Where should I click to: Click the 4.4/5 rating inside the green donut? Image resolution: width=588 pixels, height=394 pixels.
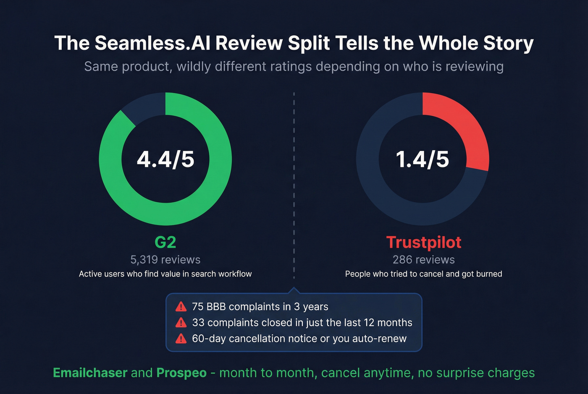pyautogui.click(x=165, y=159)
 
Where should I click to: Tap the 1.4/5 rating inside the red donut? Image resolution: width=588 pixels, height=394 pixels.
pyautogui.click(x=423, y=159)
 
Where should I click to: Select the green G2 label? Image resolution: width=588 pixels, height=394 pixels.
pyautogui.click(x=165, y=243)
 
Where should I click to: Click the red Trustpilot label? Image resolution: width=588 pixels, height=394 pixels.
pyautogui.click(x=423, y=243)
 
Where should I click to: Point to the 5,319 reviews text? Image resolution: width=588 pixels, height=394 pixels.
pyautogui.click(x=165, y=260)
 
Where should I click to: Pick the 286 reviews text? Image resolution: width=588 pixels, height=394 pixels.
pyautogui.click(x=423, y=260)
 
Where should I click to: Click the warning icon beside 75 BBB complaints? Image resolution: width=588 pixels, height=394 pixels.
pyautogui.click(x=181, y=307)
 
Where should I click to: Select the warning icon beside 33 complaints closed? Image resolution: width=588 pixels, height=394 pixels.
pyautogui.click(x=181, y=323)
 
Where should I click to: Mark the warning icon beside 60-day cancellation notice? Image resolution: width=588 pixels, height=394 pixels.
pyautogui.click(x=181, y=339)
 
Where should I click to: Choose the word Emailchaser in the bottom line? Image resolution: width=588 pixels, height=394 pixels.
pyautogui.click(x=90, y=373)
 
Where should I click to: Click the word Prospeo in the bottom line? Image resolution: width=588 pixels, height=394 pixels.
pyautogui.click(x=181, y=373)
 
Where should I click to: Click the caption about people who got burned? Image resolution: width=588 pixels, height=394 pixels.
pyautogui.click(x=423, y=274)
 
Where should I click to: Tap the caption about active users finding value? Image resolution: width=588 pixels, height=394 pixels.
pyautogui.click(x=165, y=274)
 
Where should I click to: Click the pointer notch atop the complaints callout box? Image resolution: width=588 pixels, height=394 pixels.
pyautogui.click(x=294, y=290)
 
